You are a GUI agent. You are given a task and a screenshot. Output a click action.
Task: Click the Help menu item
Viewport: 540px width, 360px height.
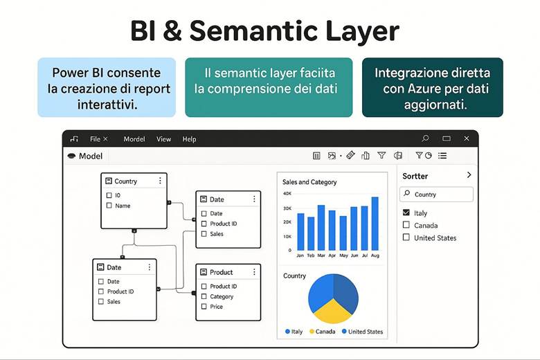point(189,139)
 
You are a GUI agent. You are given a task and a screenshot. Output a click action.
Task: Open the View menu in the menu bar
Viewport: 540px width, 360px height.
point(163,139)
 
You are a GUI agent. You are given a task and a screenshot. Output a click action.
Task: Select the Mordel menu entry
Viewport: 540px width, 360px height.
point(134,139)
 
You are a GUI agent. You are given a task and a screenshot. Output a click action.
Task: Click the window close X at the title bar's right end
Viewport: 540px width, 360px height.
point(467,138)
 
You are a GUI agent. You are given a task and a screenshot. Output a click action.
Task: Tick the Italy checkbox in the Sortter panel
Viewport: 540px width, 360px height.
point(406,213)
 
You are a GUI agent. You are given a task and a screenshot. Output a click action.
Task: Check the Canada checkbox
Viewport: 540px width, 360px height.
point(406,225)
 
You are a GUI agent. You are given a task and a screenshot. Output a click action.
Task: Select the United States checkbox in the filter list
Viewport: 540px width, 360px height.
point(406,237)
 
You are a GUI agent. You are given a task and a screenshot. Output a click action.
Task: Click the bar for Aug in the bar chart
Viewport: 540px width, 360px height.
point(375,224)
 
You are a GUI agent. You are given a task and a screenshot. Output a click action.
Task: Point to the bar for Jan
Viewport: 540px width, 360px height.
point(300,231)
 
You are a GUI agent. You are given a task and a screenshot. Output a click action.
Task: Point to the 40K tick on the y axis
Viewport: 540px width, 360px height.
point(287,193)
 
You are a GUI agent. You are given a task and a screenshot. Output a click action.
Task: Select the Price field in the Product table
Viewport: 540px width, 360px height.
point(216,307)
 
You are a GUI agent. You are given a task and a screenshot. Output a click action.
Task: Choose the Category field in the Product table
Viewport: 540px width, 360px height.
point(222,296)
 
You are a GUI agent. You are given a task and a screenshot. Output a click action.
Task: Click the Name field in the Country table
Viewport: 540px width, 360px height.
point(122,206)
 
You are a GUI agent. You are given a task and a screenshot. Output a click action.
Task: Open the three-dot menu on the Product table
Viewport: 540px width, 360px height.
point(254,272)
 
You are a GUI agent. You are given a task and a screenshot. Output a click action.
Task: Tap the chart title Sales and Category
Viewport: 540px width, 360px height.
point(309,182)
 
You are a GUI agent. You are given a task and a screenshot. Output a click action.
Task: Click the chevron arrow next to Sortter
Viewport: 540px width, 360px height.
point(469,175)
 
